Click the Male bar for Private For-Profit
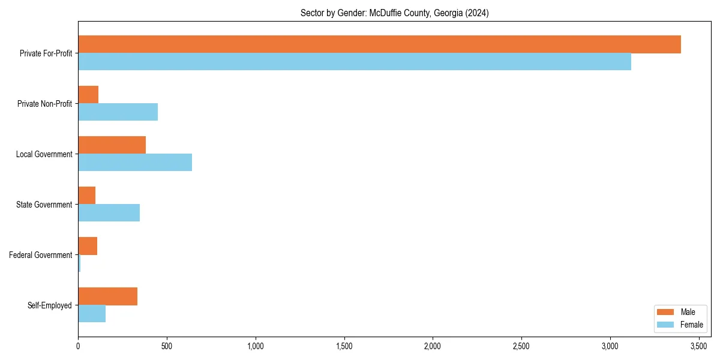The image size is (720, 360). pyautogui.click(x=379, y=44)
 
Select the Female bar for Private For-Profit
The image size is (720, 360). pyautogui.click(x=355, y=61)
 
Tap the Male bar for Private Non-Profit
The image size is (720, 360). pyautogui.click(x=88, y=95)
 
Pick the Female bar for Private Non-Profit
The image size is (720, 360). pyautogui.click(x=118, y=112)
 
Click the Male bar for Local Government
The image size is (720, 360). pyautogui.click(x=112, y=145)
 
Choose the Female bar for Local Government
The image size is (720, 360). pyautogui.click(x=135, y=162)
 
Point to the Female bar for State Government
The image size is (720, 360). pyautogui.click(x=109, y=212)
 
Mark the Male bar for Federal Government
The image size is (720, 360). pyautogui.click(x=88, y=246)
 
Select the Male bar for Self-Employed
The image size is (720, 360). pyautogui.click(x=107, y=296)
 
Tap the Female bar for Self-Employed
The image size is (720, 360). pyautogui.click(x=92, y=313)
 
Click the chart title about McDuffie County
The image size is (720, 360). pyautogui.click(x=394, y=13)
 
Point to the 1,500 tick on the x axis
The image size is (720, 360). pyautogui.click(x=344, y=346)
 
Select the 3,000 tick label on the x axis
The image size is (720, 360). pyautogui.click(x=610, y=346)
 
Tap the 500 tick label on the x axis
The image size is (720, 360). pyautogui.click(x=167, y=346)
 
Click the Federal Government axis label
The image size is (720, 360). pyautogui.click(x=41, y=255)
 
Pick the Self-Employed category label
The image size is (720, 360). pyautogui.click(x=50, y=305)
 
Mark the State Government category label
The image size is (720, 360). pyautogui.click(x=44, y=205)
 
